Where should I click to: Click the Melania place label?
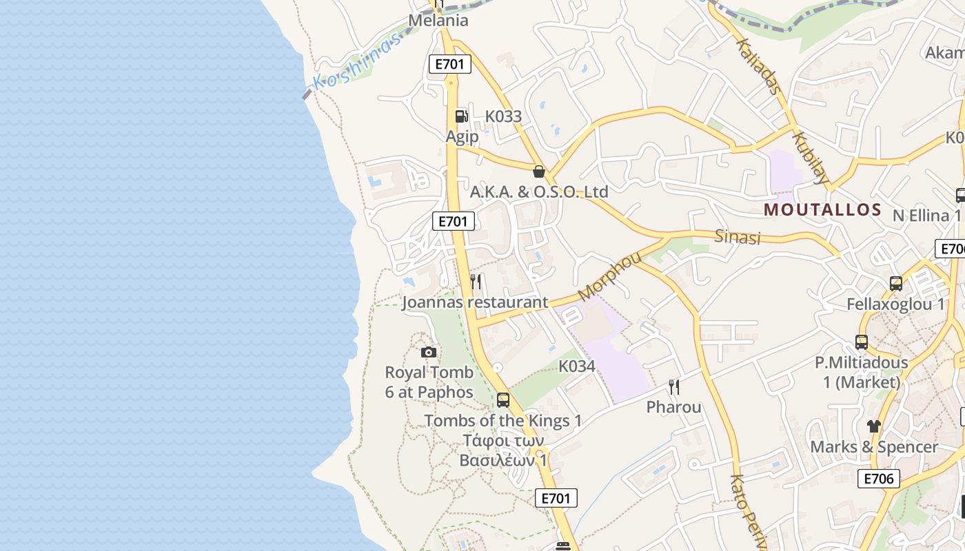click(438, 20)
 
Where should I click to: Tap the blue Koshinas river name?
click(356, 63)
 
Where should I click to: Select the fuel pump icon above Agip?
click(461, 116)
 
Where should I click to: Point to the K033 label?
click(503, 116)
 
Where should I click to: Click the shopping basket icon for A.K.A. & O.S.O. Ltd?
click(539, 171)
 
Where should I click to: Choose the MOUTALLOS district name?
click(822, 209)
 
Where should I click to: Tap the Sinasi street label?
click(737, 237)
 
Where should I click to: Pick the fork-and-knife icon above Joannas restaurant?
click(476, 282)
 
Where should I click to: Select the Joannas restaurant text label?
click(475, 302)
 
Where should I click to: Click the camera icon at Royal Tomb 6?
click(429, 353)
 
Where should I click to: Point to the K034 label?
click(576, 366)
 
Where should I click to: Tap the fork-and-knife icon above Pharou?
click(674, 387)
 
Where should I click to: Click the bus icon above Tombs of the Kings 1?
click(503, 400)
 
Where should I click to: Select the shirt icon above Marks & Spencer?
click(874, 426)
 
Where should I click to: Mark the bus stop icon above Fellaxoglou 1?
click(896, 283)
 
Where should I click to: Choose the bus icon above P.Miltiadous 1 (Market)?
click(862, 342)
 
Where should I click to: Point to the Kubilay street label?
click(811, 158)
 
